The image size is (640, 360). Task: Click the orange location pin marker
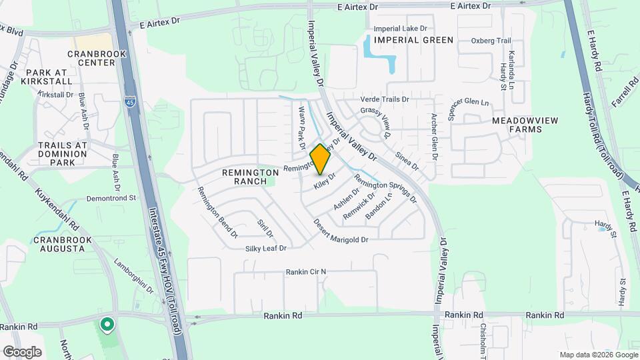(320, 159)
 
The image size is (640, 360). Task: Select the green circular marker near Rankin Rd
(106, 325)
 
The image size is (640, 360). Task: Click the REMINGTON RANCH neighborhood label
(251, 177)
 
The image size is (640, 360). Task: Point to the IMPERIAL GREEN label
(413, 40)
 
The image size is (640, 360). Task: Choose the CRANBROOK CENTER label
(91, 58)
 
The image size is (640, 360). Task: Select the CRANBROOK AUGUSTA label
(59, 244)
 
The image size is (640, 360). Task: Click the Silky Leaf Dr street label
(265, 248)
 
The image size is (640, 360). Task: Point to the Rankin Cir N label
(306, 272)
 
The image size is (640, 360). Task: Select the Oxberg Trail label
(491, 41)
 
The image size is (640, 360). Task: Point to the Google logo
(22, 351)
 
